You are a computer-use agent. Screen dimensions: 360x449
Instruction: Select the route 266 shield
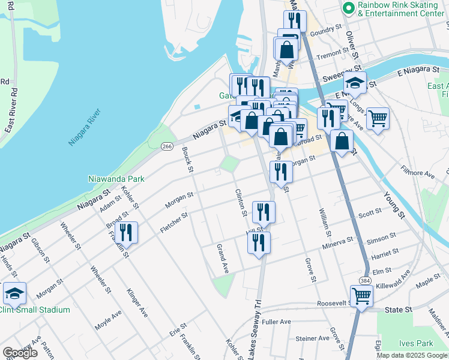(x=167, y=146)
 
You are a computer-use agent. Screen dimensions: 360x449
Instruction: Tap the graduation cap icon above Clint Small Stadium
(x=14, y=293)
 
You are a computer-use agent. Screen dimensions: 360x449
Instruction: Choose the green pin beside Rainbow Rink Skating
(x=348, y=8)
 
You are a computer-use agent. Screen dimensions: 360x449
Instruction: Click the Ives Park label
(x=415, y=344)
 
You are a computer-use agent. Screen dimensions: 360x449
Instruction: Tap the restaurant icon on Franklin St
(x=126, y=232)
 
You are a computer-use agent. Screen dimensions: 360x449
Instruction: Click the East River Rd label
(x=10, y=110)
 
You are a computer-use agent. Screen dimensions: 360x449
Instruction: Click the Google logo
(x=20, y=353)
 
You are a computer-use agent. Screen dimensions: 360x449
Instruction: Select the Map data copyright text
(x=411, y=355)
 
